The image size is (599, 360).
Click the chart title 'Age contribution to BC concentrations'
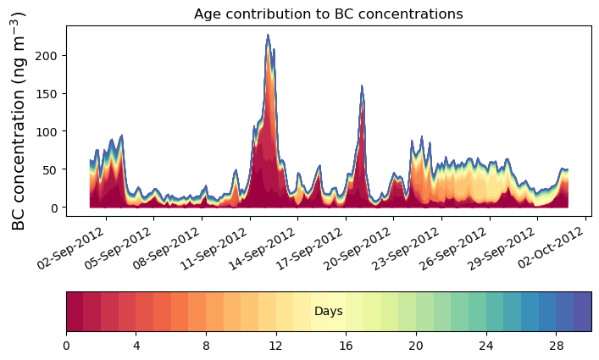[x=328, y=14]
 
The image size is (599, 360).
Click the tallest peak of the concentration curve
[x=268, y=36]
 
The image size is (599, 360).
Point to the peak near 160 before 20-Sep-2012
[x=362, y=86]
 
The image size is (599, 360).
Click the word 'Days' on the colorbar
[x=328, y=312]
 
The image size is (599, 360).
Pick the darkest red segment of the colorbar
[x=75, y=312]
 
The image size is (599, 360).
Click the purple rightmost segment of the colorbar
[x=582, y=312]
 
